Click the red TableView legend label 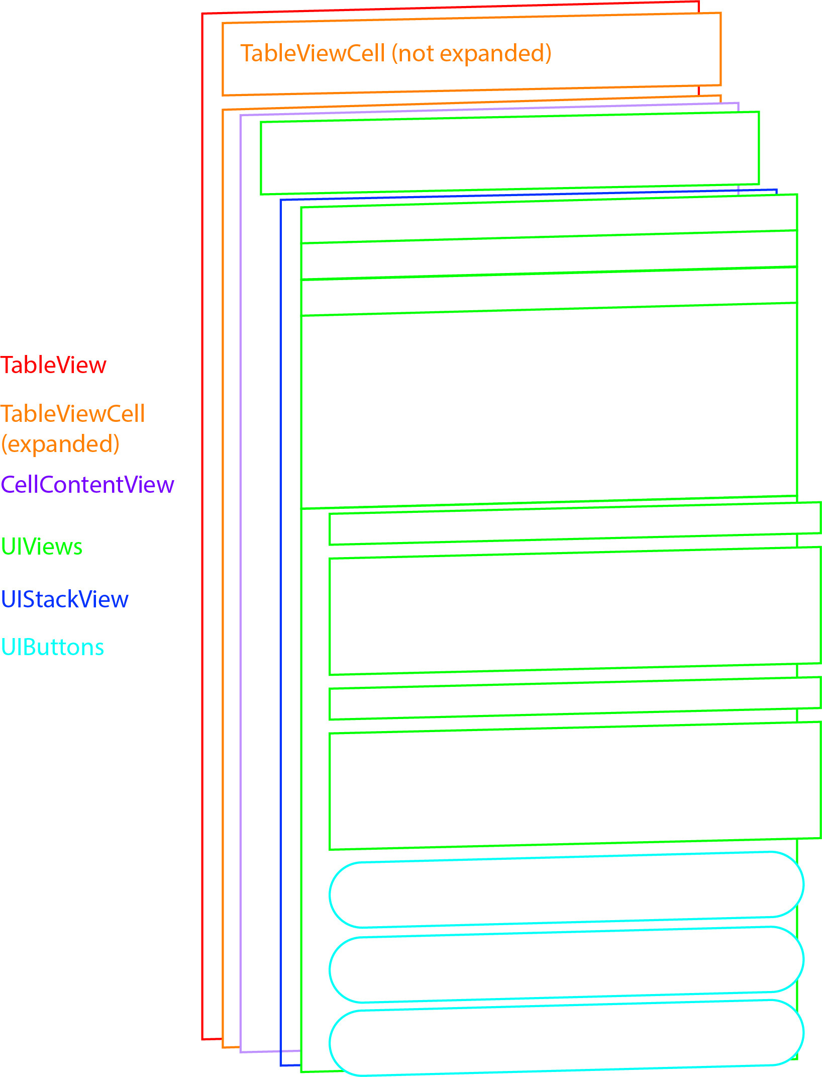[53, 365]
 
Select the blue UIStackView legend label [65, 599]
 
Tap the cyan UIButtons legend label [53, 647]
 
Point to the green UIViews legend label [42, 547]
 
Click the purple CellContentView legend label [87, 485]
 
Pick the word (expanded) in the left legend [60, 444]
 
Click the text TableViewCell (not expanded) [396, 53]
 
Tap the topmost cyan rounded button [566, 890]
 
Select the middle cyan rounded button [566, 964]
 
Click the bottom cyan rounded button [566, 1038]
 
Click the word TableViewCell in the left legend [73, 414]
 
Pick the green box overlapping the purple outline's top [509, 153]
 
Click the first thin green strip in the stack [549, 219]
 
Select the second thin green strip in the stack [549, 255]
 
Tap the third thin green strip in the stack [549, 291]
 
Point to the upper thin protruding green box [575, 523]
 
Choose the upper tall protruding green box [575, 611]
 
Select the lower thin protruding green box [575, 698]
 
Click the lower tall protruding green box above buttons [575, 786]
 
